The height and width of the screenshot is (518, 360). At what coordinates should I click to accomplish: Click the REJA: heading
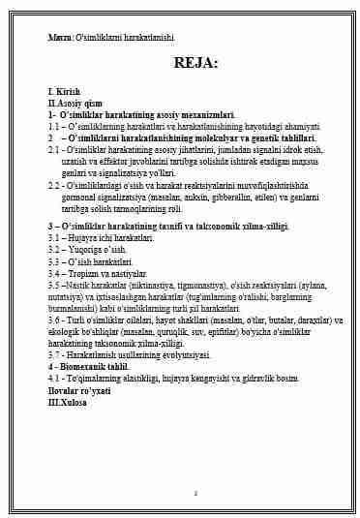click(195, 64)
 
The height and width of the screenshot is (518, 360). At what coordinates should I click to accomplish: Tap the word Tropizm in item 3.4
click(84, 273)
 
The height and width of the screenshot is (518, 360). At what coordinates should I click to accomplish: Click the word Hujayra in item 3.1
click(85, 237)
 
